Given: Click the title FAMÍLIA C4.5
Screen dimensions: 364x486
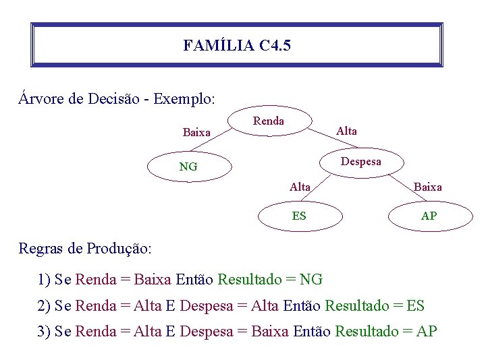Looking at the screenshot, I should [237, 46].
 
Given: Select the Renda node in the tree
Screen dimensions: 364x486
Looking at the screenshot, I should [269, 121].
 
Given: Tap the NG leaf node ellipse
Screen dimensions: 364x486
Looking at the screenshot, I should [188, 166].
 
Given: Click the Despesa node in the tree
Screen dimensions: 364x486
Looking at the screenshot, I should [360, 162].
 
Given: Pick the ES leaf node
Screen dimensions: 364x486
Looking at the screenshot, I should [299, 216].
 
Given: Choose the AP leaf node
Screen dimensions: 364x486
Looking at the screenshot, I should [429, 216].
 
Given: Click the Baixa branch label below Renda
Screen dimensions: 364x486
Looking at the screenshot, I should [196, 132].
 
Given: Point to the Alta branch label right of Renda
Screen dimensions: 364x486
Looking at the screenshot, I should [346, 131].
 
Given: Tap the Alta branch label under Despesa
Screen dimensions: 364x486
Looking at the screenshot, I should [300, 187].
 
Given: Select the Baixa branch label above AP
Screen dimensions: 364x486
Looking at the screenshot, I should [427, 187].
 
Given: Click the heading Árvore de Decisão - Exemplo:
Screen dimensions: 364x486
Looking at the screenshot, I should [117, 98].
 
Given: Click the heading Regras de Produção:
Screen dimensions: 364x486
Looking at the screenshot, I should [85, 248].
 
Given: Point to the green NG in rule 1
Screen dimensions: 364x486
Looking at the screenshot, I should [311, 279].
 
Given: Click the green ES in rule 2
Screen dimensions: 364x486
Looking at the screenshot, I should [416, 306].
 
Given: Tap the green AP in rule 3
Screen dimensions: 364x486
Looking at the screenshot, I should [427, 332].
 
